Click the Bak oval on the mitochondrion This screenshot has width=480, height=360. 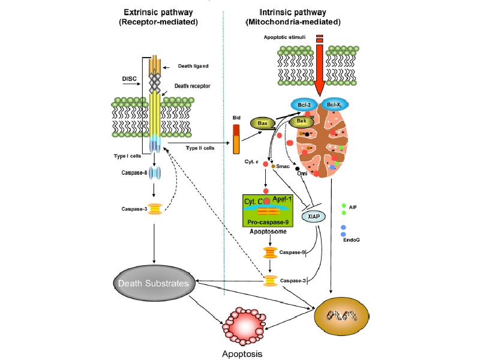coord(302,122)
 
